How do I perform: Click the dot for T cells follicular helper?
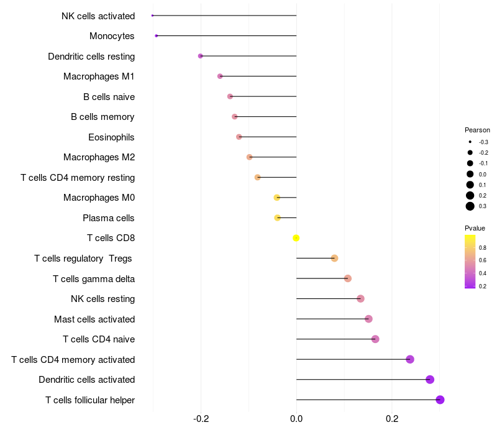tap(440, 400)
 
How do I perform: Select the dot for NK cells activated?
tap(152, 15)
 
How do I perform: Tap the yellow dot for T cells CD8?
tap(296, 238)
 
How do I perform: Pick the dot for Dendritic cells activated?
tap(430, 380)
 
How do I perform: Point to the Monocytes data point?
tap(156, 35)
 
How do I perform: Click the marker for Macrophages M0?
tap(277, 198)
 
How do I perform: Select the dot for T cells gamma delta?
tap(348, 278)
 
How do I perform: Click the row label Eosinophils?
tap(111, 137)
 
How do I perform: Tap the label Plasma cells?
tap(109, 218)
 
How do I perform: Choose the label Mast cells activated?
tap(94, 319)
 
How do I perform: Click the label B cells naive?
tap(109, 96)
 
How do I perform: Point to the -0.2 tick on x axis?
tap(201, 419)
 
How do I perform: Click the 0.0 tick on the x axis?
tap(296, 419)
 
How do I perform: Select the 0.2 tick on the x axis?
tap(392, 419)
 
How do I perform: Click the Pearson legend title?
tap(477, 130)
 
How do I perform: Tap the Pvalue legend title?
tap(475, 228)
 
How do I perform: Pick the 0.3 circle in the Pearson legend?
tap(470, 206)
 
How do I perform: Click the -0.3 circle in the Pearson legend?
tap(470, 142)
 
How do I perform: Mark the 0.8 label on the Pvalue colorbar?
tap(483, 247)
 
